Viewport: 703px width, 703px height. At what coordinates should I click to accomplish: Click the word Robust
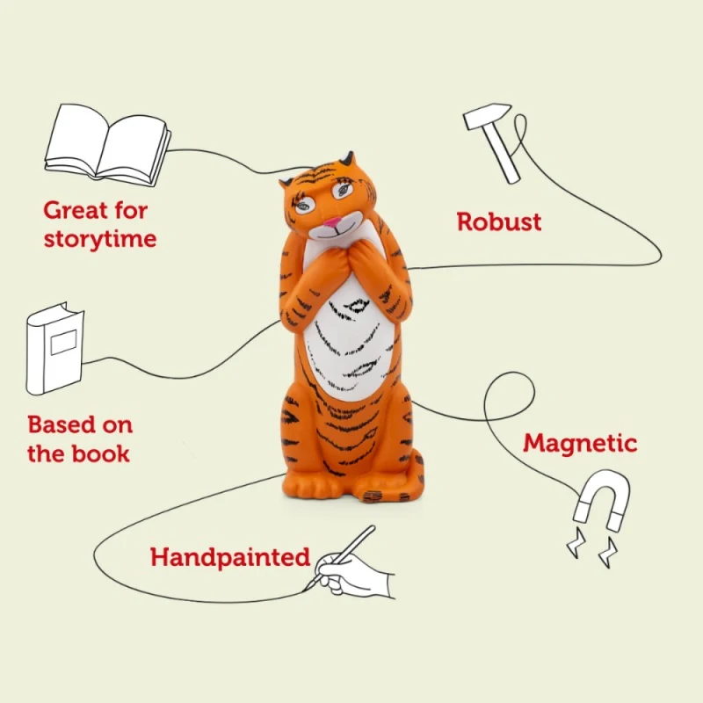point(499,221)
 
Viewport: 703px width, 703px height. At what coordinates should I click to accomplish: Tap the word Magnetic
point(580,442)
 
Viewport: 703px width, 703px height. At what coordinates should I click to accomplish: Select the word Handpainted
point(230,557)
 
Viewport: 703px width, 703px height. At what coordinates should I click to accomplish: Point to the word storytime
point(100,238)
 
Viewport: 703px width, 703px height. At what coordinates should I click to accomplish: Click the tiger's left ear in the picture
point(286,184)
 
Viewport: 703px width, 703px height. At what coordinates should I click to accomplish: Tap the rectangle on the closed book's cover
point(63,340)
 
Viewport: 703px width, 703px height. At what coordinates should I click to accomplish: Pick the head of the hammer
point(482,115)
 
